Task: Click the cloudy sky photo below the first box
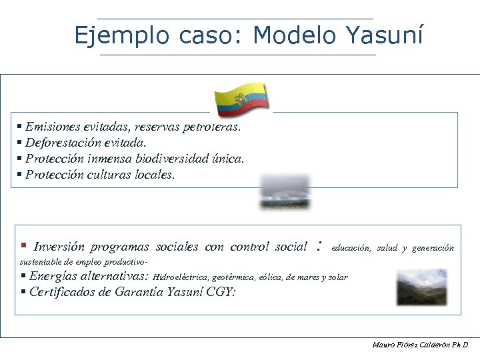tap(285, 191)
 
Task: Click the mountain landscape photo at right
tap(421, 287)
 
